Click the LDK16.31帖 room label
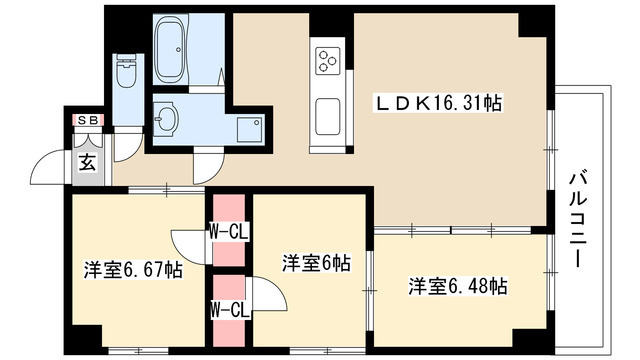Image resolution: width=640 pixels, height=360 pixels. pyautogui.click(x=438, y=103)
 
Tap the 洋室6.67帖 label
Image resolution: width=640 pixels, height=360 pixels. pyautogui.click(x=132, y=269)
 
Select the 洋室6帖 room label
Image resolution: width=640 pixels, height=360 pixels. pyautogui.click(x=315, y=264)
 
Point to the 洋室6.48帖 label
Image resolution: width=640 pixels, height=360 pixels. pyautogui.click(x=457, y=287)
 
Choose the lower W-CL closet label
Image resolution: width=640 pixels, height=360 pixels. pyautogui.click(x=229, y=308)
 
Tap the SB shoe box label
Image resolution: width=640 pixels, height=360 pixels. pyautogui.click(x=88, y=121)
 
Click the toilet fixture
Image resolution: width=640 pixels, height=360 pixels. pyautogui.click(x=127, y=72)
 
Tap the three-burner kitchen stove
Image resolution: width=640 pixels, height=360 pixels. pyautogui.click(x=328, y=61)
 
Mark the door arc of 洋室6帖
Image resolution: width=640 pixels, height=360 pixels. pyautogui.click(x=268, y=296)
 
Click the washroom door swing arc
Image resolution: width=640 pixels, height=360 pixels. pyautogui.click(x=209, y=166)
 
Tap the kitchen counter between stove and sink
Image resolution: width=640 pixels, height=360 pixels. pyautogui.click(x=328, y=87)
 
